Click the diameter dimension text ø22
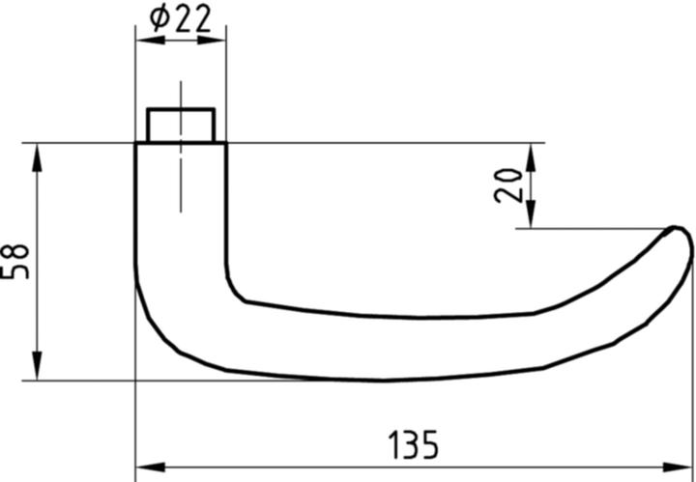(181, 18)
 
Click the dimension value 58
(16, 261)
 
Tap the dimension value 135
(413, 445)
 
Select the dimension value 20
(508, 184)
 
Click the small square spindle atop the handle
(180, 125)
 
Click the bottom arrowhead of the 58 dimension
(37, 368)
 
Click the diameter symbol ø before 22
(160, 18)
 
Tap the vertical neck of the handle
(180, 222)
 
